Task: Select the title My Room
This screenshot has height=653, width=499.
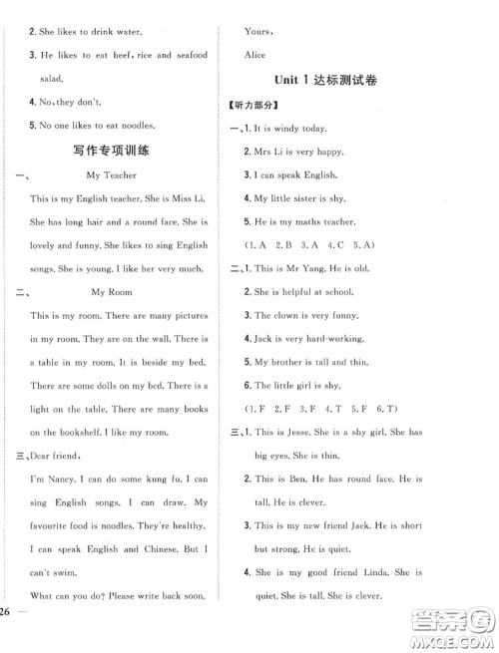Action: click(x=111, y=292)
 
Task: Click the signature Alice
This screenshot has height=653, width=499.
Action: click(x=257, y=55)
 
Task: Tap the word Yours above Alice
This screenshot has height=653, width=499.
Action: click(x=260, y=31)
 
